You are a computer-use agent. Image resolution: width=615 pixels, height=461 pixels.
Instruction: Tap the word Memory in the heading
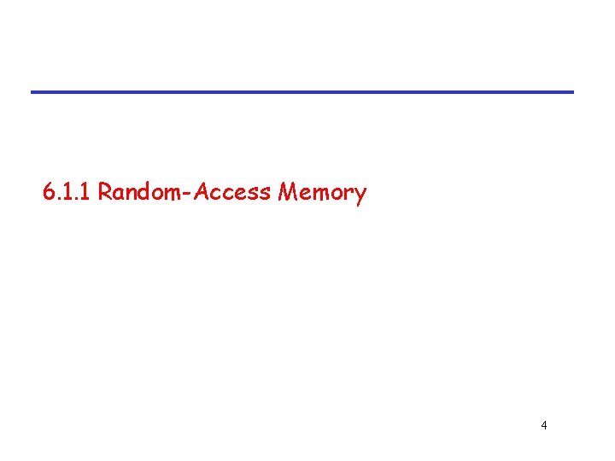322,193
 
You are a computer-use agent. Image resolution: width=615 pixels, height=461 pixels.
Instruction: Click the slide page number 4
544,425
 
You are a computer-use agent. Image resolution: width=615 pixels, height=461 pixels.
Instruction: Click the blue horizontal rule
302,91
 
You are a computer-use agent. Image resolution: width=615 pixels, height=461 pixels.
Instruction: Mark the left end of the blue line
32,91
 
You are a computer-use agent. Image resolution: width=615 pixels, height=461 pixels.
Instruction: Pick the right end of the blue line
572,91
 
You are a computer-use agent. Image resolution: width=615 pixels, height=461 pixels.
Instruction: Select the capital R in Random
104,192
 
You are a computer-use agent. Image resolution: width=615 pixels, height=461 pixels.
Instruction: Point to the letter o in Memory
335,195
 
